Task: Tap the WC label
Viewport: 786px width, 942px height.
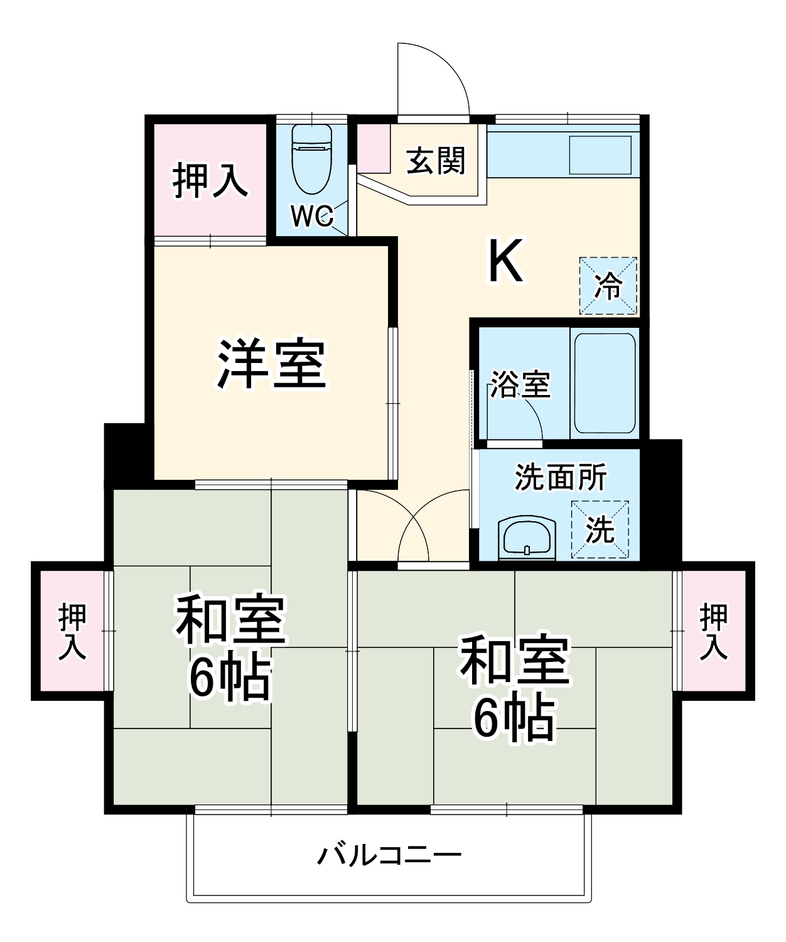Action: [312, 216]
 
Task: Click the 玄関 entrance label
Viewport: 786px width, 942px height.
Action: [436, 161]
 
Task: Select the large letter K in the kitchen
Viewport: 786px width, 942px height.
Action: [506, 262]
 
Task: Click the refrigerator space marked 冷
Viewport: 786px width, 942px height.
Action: [608, 286]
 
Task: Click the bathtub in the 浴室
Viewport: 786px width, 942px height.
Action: [605, 383]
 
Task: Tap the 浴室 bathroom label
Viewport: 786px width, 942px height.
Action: [520, 384]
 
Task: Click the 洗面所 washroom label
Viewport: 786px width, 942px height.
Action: [561, 477]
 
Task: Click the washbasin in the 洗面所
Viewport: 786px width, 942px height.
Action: [527, 537]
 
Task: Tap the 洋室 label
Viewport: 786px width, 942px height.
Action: [271, 364]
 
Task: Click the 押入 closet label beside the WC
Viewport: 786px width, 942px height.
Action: [210, 180]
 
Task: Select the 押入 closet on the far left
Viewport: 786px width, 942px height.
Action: [72, 631]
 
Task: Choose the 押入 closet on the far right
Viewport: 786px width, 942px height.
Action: [714, 631]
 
